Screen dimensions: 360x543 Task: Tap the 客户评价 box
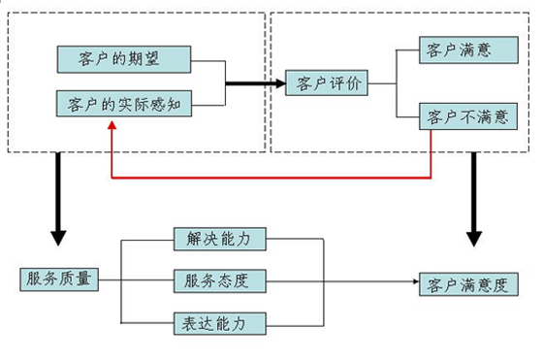click(328, 83)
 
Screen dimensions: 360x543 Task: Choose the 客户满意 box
click(462, 49)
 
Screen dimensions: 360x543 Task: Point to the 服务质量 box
click(57, 279)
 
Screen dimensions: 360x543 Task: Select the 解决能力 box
click(218, 238)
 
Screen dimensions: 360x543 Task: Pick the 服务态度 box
click(218, 280)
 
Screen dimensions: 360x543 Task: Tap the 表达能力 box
click(218, 322)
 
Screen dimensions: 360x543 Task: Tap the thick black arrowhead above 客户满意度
click(474, 238)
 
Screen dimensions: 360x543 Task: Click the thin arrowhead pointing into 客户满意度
click(411, 281)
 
